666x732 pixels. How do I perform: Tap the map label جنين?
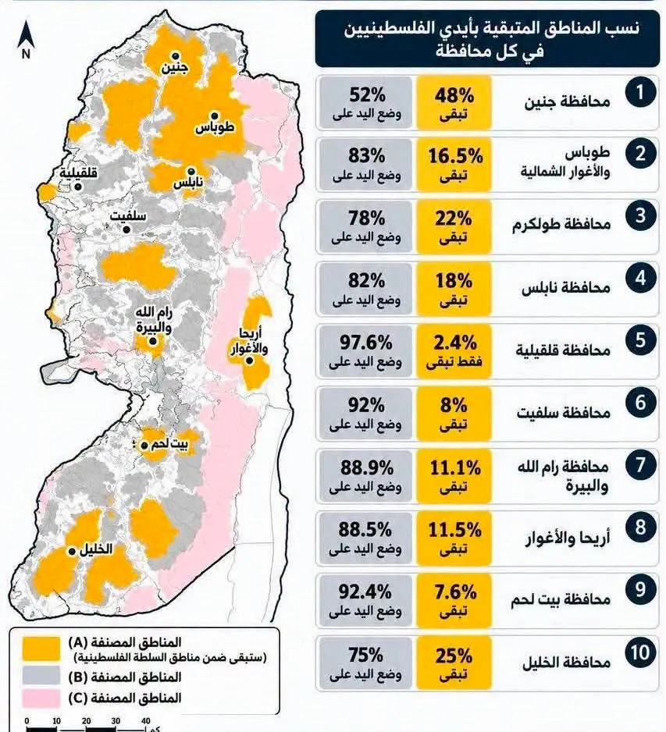pyautogui.click(x=175, y=68)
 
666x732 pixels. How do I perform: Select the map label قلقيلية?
pyautogui.click(x=78, y=172)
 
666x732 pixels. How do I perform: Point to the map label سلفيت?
pyautogui.click(x=128, y=216)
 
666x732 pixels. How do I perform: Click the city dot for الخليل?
pyautogui.click(x=72, y=551)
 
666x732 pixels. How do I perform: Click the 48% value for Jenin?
pyautogui.click(x=454, y=96)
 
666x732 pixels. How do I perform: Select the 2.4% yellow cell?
pyautogui.click(x=454, y=351)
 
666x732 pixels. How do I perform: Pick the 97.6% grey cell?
pyautogui.click(x=365, y=351)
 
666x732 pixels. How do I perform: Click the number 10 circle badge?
pyautogui.click(x=640, y=652)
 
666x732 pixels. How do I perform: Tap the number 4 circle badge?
pyautogui.click(x=640, y=279)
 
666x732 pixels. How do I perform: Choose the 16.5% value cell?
pyautogui.click(x=454, y=165)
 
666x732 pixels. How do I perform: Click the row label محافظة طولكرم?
pyautogui.click(x=561, y=224)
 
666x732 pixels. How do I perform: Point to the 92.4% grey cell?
pyautogui.click(x=365, y=600)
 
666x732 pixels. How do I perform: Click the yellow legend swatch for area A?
pyautogui.click(x=41, y=648)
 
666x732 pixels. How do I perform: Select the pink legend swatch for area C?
pyautogui.click(x=41, y=698)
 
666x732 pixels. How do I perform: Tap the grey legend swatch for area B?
pyautogui.click(x=41, y=676)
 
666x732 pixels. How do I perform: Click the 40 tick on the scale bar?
pyautogui.click(x=145, y=721)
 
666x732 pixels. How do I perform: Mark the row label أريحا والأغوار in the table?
pyautogui.click(x=568, y=538)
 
